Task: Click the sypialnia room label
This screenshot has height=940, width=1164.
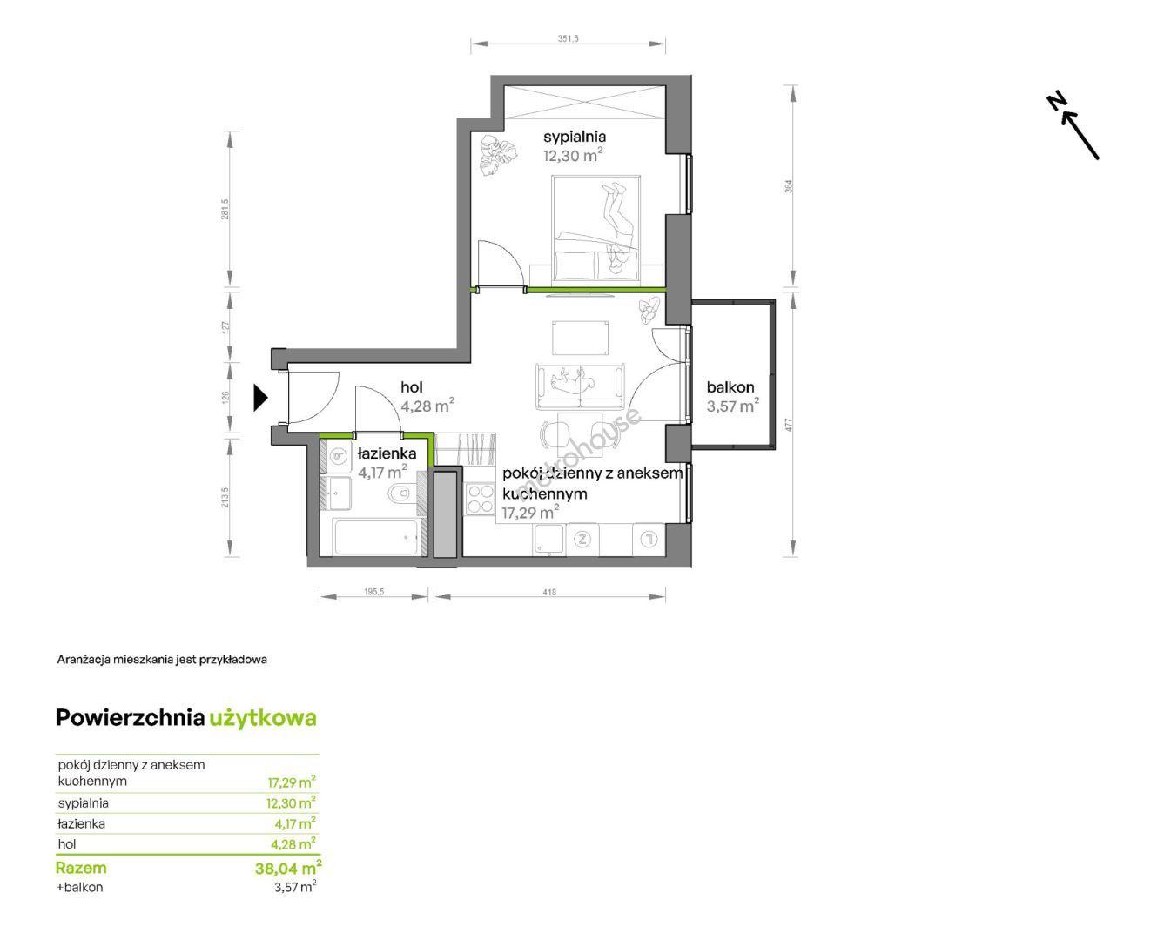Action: [x=574, y=137]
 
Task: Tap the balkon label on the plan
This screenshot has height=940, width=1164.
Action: [x=730, y=387]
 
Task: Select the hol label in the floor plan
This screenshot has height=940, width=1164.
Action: [x=412, y=387]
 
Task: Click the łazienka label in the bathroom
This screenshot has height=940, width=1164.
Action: [x=387, y=453]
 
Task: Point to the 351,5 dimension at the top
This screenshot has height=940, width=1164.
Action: [x=568, y=39]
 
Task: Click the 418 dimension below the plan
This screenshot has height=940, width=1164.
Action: [x=549, y=592]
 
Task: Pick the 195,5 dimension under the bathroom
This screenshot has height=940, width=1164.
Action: [x=373, y=592]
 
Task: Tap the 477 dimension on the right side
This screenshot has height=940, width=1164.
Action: [x=788, y=425]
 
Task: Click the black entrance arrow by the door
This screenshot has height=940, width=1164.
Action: [x=260, y=398]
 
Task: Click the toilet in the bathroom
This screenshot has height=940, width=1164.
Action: [x=399, y=493]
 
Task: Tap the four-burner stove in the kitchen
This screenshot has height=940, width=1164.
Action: [x=480, y=500]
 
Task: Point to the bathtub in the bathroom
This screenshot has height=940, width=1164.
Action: [x=376, y=537]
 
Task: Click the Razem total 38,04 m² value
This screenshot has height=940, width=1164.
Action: [x=288, y=868]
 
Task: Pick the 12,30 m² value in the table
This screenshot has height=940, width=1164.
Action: [x=292, y=802]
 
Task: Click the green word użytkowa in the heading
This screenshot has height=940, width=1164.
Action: [x=263, y=718]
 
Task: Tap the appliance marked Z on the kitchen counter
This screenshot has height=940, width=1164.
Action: [x=582, y=540]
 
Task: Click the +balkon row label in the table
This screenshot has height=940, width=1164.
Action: [x=79, y=887]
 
